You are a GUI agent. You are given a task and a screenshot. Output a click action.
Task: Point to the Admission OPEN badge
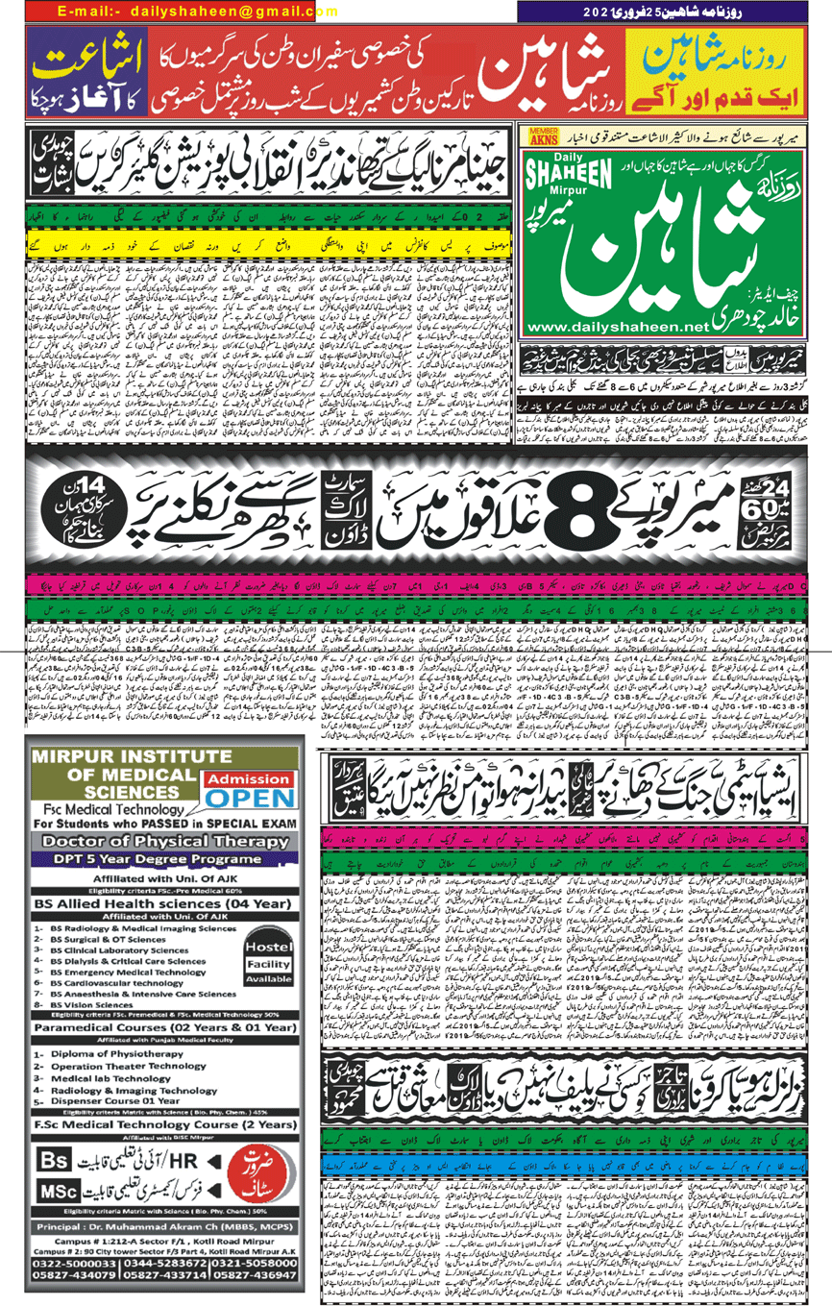(x=250, y=790)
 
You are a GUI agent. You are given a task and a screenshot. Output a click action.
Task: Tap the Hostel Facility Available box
(x=267, y=958)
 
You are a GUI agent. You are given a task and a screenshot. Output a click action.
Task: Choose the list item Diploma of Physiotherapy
(x=117, y=1054)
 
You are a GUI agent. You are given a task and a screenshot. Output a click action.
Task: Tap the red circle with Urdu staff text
(x=257, y=1173)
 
